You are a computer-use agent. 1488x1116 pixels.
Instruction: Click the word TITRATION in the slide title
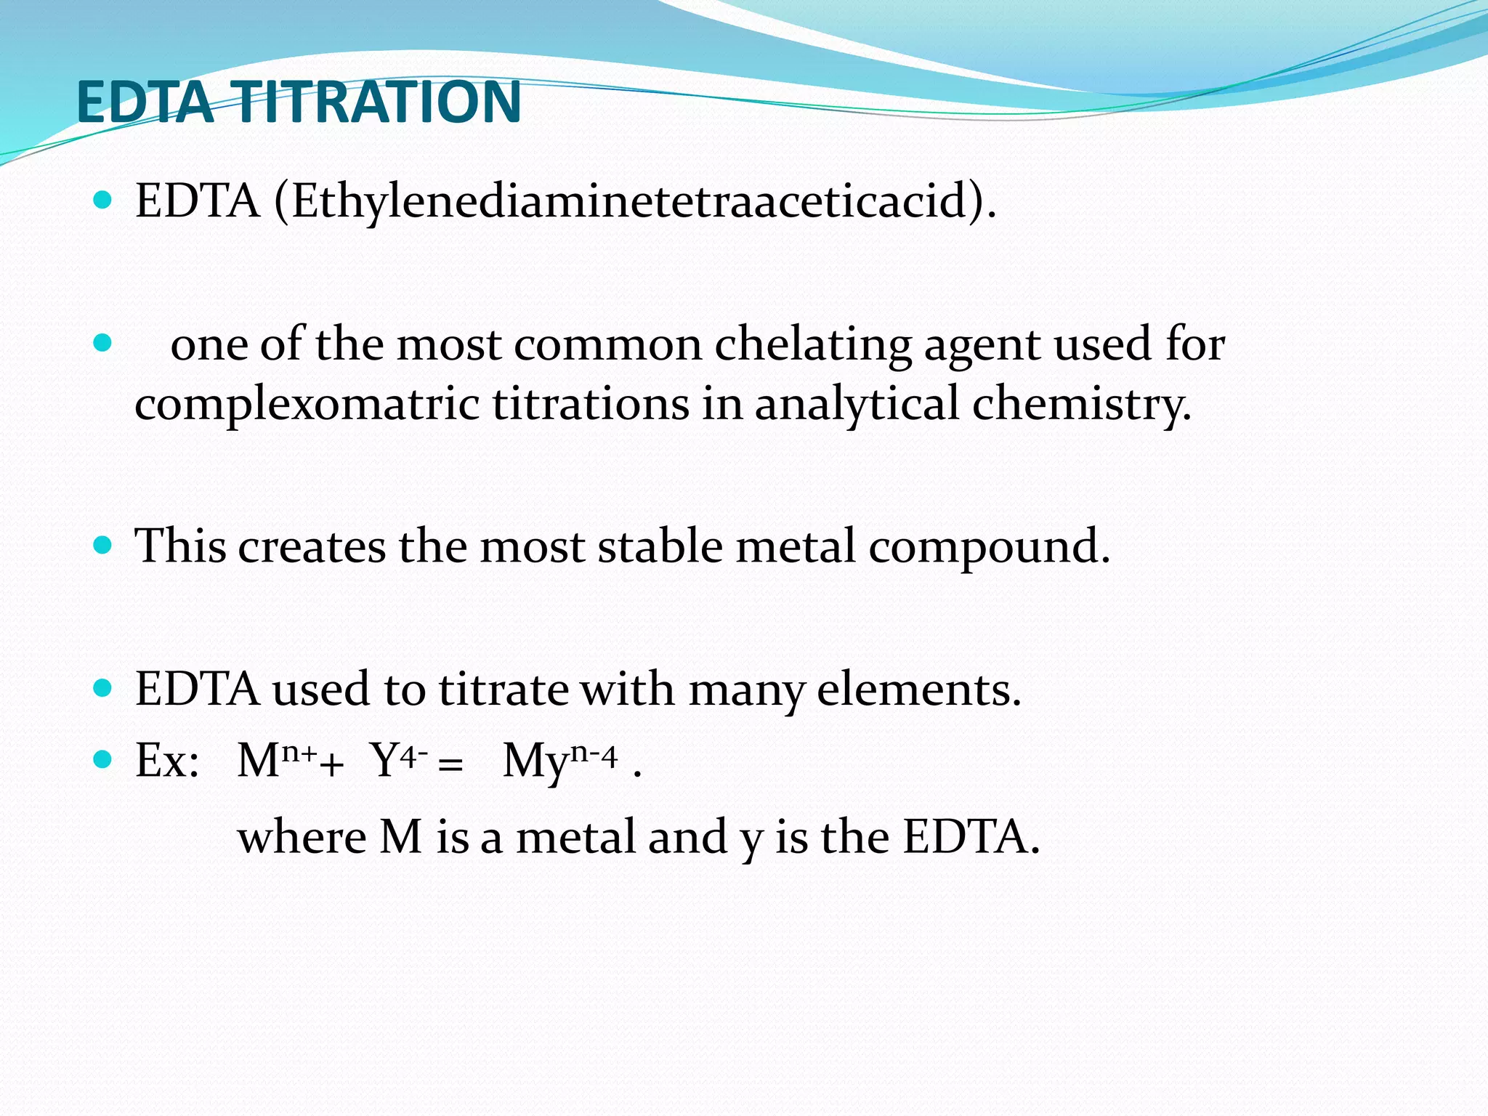point(378,102)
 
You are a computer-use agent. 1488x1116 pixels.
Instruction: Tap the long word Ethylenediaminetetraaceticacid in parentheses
point(629,201)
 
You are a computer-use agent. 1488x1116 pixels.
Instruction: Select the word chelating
point(812,344)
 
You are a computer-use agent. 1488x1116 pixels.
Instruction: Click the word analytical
point(857,405)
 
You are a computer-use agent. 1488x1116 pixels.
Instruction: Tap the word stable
point(660,546)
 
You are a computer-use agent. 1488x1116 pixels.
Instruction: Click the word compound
point(989,546)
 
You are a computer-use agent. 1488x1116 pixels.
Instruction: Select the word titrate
point(504,690)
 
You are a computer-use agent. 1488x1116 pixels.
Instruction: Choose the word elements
point(918,690)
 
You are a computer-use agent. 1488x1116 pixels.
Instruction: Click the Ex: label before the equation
point(167,761)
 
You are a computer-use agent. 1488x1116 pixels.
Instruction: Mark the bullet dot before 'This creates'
point(103,545)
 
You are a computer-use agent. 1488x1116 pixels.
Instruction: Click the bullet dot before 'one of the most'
point(103,343)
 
